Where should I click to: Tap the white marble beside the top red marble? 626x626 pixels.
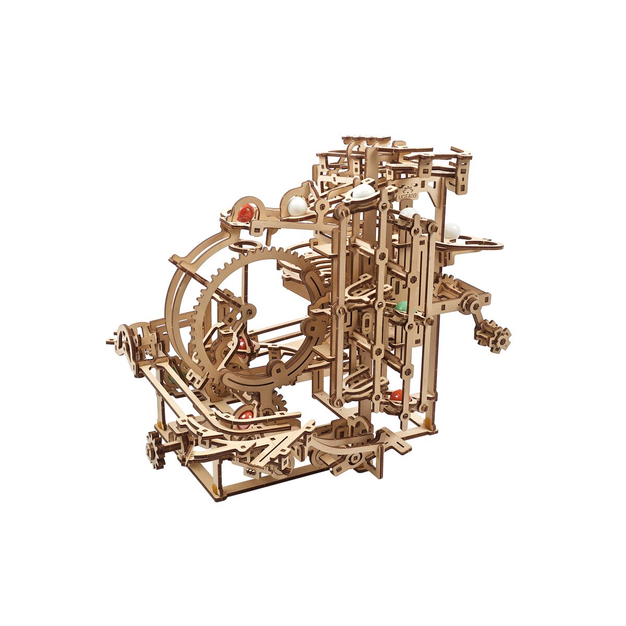(297, 204)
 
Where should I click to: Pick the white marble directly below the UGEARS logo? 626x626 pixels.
(410, 213)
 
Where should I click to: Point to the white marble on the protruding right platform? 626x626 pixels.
(452, 230)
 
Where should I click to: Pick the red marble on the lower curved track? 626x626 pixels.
(245, 416)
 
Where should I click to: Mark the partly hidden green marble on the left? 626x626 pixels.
(172, 377)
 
